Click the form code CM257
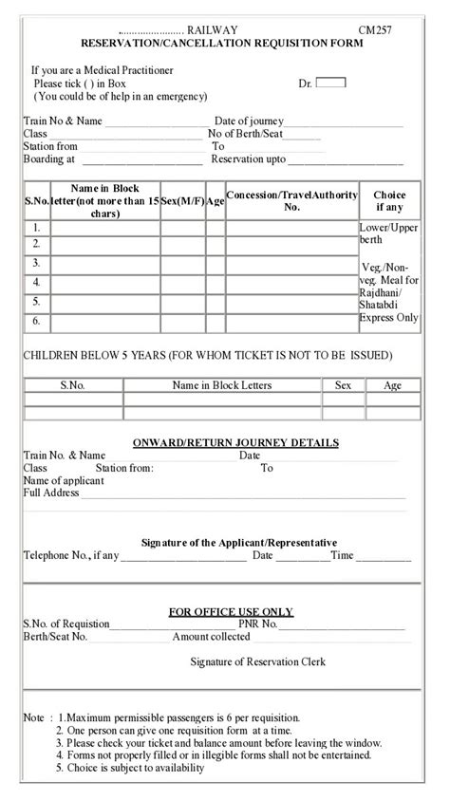375,31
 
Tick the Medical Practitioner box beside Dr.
330,83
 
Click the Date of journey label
249,121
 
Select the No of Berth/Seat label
246,135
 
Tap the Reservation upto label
248,159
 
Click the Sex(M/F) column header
182,200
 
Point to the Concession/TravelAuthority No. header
291,200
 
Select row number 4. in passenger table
36,282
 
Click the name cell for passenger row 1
104,228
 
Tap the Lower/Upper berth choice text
388,234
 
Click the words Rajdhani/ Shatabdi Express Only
388,306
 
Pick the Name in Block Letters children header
221,385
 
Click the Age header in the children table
392,385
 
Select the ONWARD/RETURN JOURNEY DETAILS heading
235,443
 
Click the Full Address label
50,493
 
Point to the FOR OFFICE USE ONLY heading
231,611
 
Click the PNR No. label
258,623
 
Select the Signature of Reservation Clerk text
257,661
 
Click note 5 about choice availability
129,768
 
